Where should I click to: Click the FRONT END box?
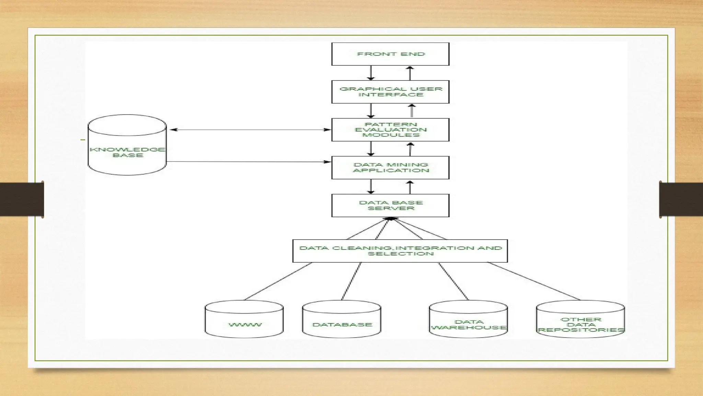click(390, 54)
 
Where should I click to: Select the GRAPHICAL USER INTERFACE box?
click(390, 92)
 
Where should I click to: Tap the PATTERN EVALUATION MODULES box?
click(390, 130)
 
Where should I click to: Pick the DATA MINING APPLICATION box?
click(390, 167)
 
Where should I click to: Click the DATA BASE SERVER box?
click(390, 205)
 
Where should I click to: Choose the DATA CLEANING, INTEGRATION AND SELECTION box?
click(400, 251)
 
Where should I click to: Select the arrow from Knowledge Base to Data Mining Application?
click(247, 162)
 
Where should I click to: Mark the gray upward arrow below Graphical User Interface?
click(412, 111)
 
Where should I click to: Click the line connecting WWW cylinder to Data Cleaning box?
click(278, 281)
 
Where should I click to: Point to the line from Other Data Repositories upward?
click(534, 281)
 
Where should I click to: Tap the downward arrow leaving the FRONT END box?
click(371, 73)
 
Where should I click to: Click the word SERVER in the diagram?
click(391, 208)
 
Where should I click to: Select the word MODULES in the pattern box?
click(391, 135)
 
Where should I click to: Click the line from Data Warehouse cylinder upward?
click(453, 281)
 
